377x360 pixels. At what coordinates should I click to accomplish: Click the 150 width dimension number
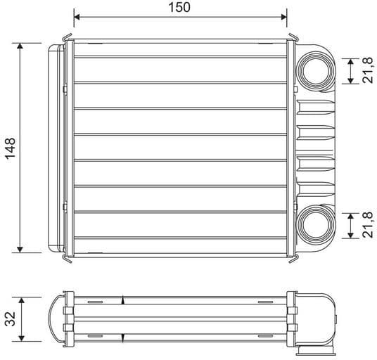(180, 7)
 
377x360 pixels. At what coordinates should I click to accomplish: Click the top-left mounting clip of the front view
(69, 36)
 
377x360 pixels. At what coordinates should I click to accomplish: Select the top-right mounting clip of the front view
(290, 36)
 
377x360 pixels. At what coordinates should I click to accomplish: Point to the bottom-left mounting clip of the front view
(69, 257)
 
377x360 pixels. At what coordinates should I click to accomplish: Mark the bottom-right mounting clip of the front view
(290, 257)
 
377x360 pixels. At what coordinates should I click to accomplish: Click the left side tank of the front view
(54, 147)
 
